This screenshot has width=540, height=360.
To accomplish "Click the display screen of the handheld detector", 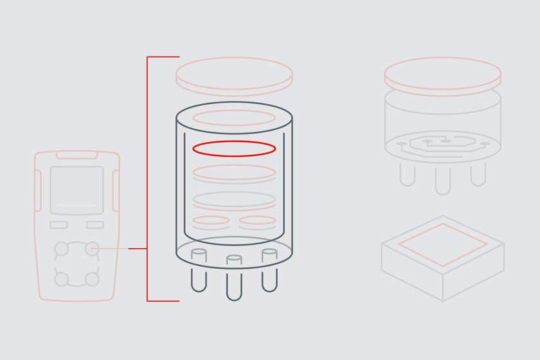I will click(76, 190).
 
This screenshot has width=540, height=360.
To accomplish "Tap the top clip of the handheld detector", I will click(76, 154).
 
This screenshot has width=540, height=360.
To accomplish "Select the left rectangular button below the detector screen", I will click(59, 225).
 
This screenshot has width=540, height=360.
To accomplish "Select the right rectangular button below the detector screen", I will click(94, 225).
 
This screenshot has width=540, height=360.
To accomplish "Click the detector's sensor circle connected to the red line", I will click(93, 248).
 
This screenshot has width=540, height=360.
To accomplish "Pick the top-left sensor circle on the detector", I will click(61, 248).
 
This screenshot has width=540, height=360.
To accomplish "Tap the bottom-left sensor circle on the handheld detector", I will click(61, 279).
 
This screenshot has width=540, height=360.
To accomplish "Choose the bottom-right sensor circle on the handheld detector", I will click(93, 279).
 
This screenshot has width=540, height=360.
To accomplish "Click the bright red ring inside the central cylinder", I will click(234, 148).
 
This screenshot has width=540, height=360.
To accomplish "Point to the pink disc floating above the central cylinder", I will click(234, 75).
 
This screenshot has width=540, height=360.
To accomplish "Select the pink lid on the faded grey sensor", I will click(442, 73).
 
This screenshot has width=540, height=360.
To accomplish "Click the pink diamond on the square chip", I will click(442, 245).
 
